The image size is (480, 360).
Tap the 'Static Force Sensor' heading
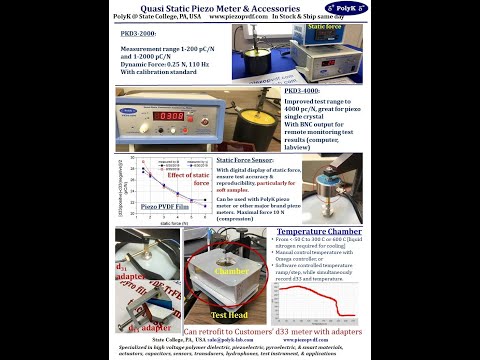click(x=245, y=159)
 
